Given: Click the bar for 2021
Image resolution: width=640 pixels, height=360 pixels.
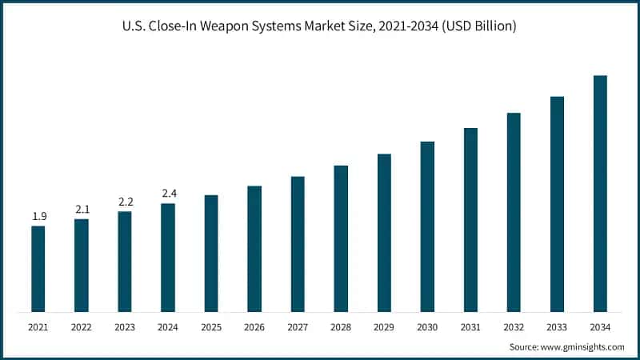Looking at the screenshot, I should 38,269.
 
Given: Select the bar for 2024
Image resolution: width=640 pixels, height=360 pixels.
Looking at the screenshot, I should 168,258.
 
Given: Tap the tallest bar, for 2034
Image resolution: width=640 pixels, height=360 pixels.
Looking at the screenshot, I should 600,194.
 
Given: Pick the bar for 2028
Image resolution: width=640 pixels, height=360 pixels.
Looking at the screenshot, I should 341,238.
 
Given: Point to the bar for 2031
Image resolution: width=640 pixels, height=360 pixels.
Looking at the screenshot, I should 470,220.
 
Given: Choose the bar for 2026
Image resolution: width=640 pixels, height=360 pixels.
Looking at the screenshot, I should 254,249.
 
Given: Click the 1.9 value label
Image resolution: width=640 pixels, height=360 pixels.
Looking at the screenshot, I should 38,217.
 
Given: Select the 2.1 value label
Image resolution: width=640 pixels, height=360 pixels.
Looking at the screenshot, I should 82,210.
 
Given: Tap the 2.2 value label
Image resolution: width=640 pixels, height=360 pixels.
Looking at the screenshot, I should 125,202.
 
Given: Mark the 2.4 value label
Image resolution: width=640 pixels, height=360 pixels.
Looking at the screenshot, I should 168,194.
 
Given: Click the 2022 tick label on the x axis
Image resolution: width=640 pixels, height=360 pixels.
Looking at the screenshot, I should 82,327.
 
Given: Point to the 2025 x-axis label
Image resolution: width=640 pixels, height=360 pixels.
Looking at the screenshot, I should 211,327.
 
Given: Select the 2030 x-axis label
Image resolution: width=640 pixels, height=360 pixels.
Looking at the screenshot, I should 427,327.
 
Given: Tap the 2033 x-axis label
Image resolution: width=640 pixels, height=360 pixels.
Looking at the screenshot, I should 557,327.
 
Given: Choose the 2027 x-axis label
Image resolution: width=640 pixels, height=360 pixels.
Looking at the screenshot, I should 298,327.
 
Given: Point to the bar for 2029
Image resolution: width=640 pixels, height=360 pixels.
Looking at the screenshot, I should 384,233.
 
